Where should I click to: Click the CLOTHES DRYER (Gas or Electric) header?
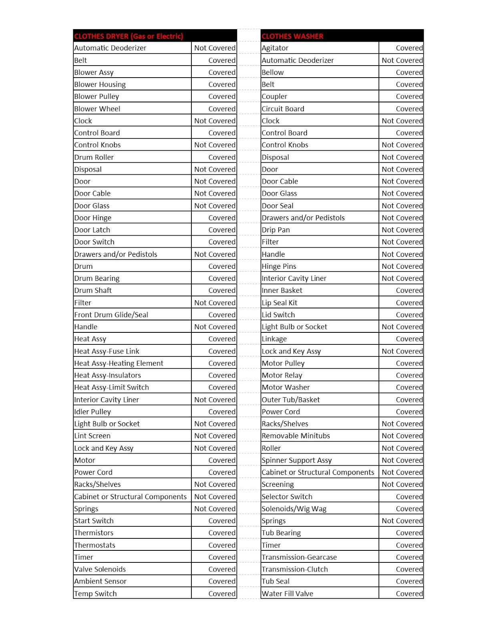click(x=129, y=36)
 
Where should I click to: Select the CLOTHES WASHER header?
click(x=292, y=36)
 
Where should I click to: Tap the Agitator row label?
click(x=275, y=48)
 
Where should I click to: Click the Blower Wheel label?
click(x=97, y=109)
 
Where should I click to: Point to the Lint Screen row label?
click(x=93, y=436)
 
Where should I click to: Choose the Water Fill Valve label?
click(x=288, y=594)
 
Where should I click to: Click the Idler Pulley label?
click(x=93, y=412)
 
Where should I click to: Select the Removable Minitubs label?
click(x=296, y=436)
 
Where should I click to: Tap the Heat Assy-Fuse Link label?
click(x=107, y=351)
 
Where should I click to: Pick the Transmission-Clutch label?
click(x=295, y=569)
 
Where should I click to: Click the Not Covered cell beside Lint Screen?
click(x=215, y=436)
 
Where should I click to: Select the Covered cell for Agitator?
click(x=409, y=48)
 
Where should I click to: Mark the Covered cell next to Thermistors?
click(x=221, y=533)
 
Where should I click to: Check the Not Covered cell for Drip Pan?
click(x=402, y=230)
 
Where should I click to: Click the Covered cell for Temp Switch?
click(x=221, y=594)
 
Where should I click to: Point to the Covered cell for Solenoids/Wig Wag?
click(x=409, y=509)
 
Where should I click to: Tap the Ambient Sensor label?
click(x=101, y=581)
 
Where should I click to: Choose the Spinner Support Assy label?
click(x=297, y=460)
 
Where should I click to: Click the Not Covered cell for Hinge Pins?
click(x=402, y=266)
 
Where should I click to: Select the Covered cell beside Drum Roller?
click(x=221, y=157)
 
